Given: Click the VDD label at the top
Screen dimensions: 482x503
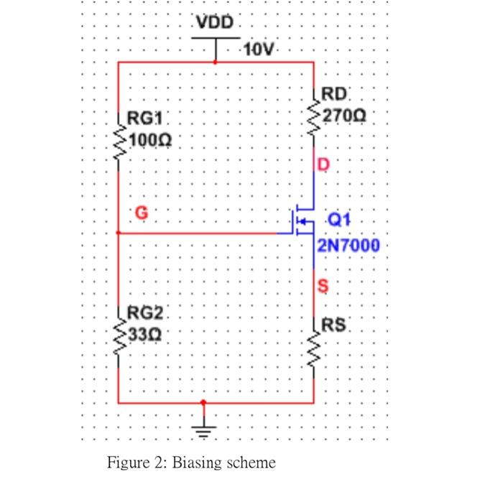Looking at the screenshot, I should click(216, 23).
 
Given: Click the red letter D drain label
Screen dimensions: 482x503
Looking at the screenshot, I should click(323, 165).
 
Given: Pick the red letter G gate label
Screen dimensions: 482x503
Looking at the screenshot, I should click(141, 212).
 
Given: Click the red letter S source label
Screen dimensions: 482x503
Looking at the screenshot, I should click(323, 287).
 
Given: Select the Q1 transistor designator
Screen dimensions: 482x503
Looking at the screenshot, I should click(338, 219).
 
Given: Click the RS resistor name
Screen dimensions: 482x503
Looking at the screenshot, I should click(334, 325).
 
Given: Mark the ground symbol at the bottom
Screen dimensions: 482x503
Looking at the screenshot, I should click(204, 430).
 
